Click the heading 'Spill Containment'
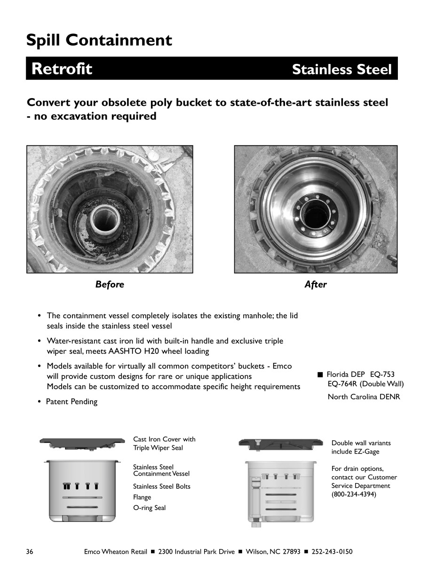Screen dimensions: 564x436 click(99, 40)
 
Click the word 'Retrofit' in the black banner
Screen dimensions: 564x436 click(62, 69)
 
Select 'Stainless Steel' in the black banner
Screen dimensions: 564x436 click(341, 70)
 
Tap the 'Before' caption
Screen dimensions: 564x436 click(110, 284)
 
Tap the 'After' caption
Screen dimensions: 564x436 click(315, 284)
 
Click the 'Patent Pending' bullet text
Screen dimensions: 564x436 click(71, 402)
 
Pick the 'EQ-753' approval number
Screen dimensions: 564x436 click(382, 375)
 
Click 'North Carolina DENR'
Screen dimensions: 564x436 click(364, 397)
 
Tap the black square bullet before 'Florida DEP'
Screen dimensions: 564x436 click(320, 375)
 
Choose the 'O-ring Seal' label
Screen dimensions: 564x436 click(149, 508)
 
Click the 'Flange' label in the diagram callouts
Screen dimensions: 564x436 click(142, 497)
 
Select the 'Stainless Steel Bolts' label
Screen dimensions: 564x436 click(162, 486)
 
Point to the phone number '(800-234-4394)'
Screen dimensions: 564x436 click(354, 494)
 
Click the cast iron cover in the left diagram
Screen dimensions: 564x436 click(82, 443)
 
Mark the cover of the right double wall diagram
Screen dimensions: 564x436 click(281, 444)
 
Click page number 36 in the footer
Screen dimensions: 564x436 click(30, 551)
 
